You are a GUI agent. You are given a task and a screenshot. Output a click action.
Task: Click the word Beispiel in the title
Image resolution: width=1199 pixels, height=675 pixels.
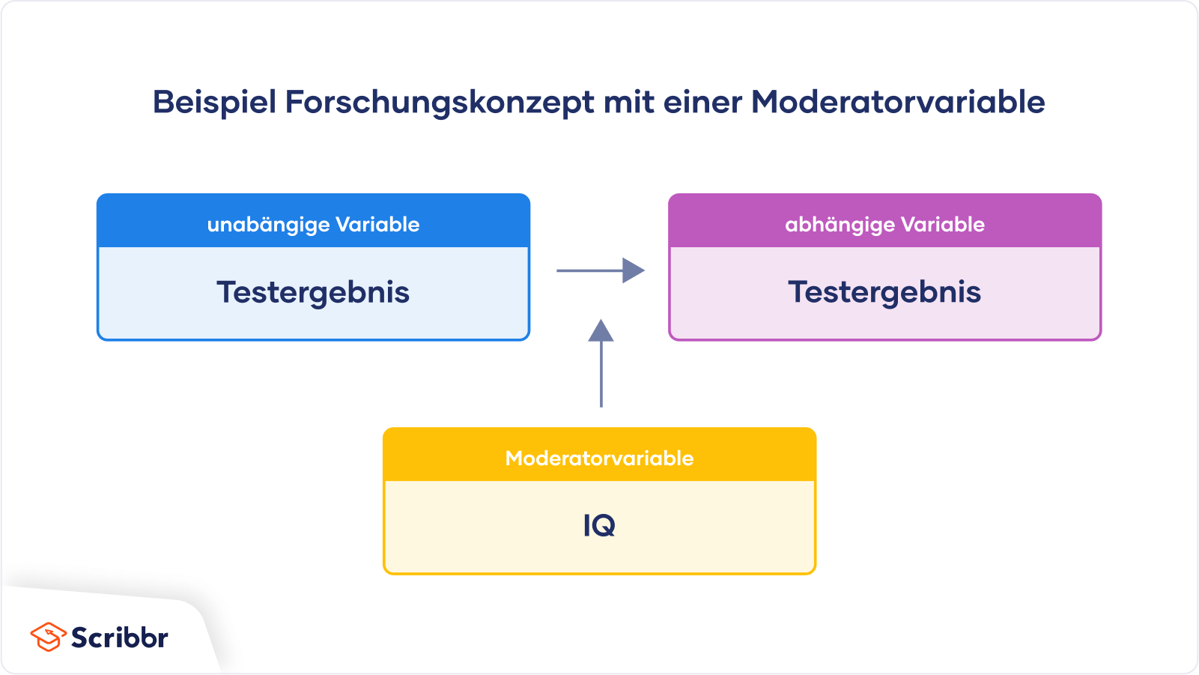214,103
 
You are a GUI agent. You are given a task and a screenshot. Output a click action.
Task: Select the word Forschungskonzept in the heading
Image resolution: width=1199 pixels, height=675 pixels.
440,103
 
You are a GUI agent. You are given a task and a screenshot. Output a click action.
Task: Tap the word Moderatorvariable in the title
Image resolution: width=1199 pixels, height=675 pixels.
898,102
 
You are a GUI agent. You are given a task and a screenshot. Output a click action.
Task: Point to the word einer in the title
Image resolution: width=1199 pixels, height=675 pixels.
702,102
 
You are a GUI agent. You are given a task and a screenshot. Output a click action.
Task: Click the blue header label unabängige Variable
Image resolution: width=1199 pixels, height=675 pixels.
313,225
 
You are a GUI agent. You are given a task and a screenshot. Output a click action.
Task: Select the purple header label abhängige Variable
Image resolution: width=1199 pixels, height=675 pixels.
884,225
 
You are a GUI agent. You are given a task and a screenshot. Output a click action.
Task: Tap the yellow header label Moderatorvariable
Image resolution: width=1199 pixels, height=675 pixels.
599,458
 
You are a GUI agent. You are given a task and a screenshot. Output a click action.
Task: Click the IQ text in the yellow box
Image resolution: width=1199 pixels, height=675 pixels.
599,525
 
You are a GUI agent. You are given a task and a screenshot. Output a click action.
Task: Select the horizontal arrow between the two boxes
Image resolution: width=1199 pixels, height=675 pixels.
601,270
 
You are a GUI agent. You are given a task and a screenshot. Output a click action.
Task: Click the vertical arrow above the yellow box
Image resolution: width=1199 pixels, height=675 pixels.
601,363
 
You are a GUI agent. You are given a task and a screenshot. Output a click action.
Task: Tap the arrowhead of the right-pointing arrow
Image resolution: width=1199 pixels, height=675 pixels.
634,270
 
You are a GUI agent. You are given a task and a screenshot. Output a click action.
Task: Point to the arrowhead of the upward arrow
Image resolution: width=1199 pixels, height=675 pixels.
601,330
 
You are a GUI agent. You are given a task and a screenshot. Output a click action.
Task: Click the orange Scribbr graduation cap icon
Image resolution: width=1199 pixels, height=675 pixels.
48,637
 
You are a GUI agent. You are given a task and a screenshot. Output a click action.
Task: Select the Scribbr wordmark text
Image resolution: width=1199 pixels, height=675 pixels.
120,637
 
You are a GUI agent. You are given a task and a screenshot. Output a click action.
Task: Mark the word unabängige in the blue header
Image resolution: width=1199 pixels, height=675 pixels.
267,225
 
